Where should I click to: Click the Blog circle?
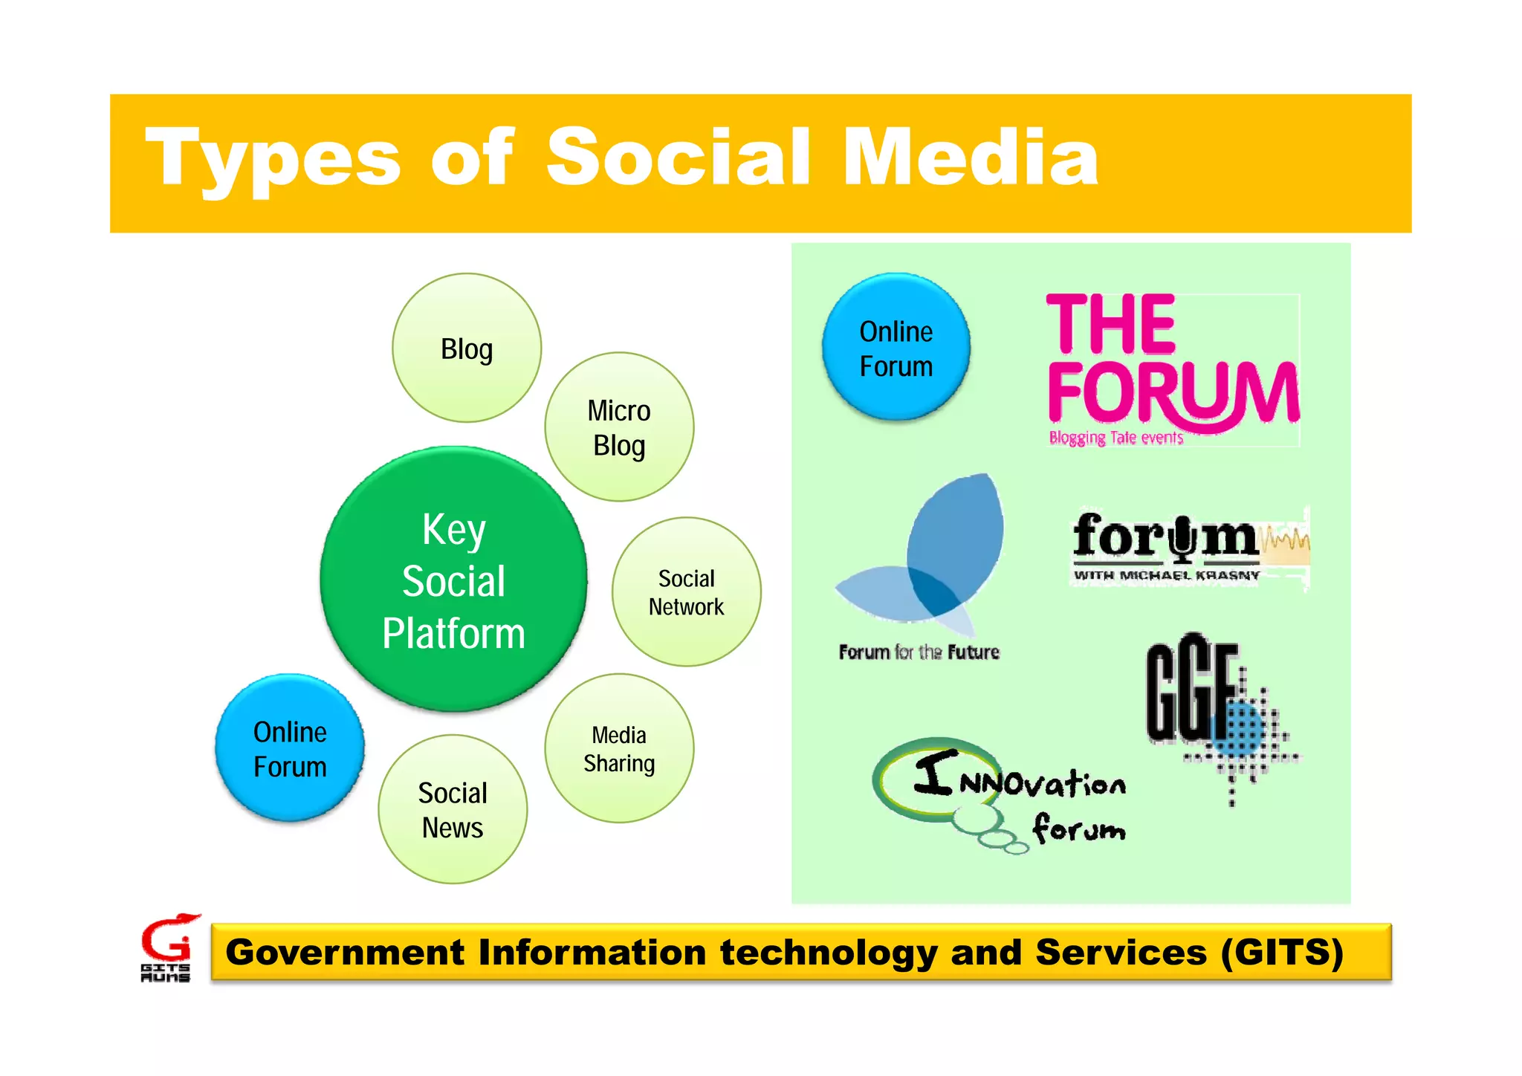[x=467, y=348]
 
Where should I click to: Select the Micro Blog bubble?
[x=619, y=427]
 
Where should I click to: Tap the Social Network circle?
[x=686, y=592]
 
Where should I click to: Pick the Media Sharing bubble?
[x=619, y=748]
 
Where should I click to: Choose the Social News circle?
[x=453, y=809]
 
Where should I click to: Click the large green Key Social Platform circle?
[x=453, y=580]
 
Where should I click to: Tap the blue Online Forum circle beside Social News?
[x=290, y=748]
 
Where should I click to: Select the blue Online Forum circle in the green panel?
[x=896, y=348]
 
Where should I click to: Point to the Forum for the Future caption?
[x=919, y=652]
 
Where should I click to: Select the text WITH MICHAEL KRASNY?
[x=1166, y=575]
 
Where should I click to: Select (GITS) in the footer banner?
[x=1282, y=953]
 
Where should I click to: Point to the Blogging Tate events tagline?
[x=1115, y=438]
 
